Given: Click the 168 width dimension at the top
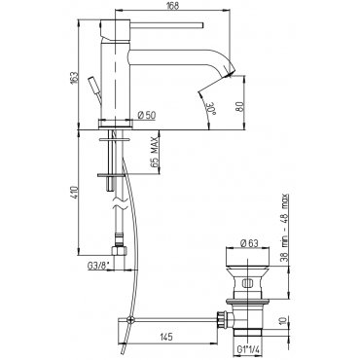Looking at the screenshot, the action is pos(173,6).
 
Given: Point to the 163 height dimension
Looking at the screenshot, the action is pos(75,77).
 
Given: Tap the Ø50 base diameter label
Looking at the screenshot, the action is pos(147,115).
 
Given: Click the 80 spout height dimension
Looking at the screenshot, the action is pos(239,107).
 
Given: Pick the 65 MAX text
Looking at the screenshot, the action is pos(154,152).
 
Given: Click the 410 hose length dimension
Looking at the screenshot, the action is pos(75,193).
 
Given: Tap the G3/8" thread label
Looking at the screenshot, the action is pos(98,266).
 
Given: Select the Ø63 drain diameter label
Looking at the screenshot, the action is pos(249,243).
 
